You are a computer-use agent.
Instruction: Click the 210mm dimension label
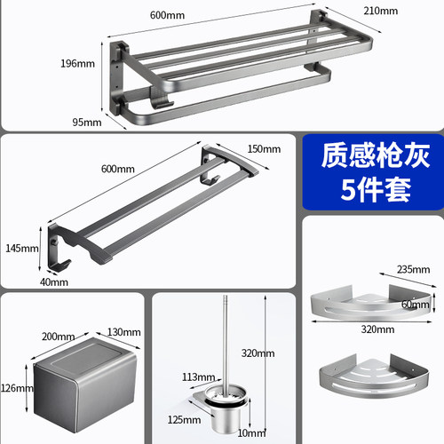(x=381, y=11)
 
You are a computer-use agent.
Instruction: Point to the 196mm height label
(x=77, y=63)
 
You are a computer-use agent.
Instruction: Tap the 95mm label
(x=87, y=123)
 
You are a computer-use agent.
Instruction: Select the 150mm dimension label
(x=264, y=149)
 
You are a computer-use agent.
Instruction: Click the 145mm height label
(x=22, y=248)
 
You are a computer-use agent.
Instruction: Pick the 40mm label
(x=54, y=282)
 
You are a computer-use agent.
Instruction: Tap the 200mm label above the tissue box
(x=58, y=337)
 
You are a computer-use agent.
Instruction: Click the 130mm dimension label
(x=123, y=332)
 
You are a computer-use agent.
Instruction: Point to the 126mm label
(x=17, y=388)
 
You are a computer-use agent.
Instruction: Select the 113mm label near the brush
(x=198, y=377)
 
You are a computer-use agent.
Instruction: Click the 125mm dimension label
(x=184, y=420)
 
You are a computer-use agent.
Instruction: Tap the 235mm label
(x=413, y=269)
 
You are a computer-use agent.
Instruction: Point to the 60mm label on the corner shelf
(x=416, y=305)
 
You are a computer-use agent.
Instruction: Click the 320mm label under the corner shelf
(x=377, y=329)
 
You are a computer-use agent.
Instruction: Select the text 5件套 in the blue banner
(x=376, y=189)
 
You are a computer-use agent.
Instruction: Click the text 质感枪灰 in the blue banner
(x=376, y=155)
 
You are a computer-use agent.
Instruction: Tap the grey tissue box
(x=85, y=385)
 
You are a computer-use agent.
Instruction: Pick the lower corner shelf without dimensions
(x=374, y=377)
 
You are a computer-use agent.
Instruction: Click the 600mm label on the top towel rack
(x=167, y=15)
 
